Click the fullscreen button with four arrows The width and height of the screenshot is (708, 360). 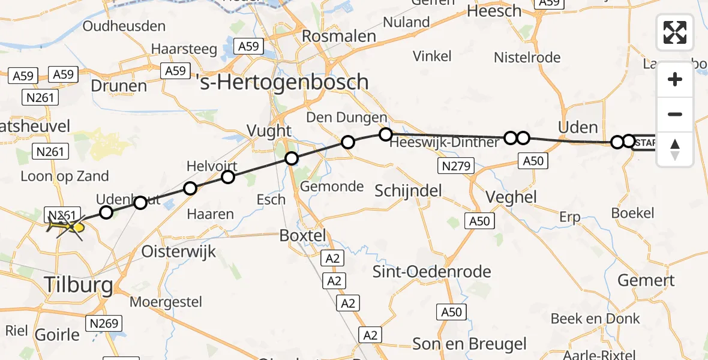tap(675, 32)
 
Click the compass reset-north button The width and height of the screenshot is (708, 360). tap(675, 149)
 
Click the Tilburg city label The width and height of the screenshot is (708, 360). tap(78, 285)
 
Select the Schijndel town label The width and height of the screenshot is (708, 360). tap(408, 191)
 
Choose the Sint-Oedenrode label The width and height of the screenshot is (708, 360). tap(432, 271)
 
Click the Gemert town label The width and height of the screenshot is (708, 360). tap(647, 280)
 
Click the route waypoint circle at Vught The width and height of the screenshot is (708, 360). tap(291, 158)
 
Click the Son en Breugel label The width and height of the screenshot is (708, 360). tap(469, 344)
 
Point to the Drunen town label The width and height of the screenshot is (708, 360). tap(119, 85)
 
